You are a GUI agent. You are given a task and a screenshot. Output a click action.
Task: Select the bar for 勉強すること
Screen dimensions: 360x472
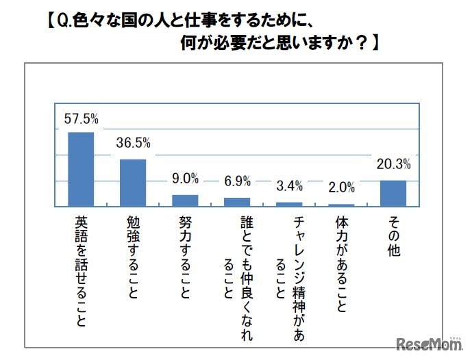coord(133,183)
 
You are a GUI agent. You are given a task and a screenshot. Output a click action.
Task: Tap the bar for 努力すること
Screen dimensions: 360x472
coord(185,201)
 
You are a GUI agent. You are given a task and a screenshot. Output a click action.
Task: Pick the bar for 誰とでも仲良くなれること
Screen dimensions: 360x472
coord(237,202)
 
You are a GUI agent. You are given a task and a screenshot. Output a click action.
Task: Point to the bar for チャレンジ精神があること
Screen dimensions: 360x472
coord(289,204)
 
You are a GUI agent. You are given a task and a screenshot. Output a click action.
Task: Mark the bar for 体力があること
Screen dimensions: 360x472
coord(341,205)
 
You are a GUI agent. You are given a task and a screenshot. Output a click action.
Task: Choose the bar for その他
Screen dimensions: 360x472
coord(393,193)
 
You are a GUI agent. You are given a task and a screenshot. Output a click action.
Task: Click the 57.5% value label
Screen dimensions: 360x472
coord(81,119)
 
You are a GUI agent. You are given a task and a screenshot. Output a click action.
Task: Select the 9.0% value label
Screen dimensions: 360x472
coord(185,179)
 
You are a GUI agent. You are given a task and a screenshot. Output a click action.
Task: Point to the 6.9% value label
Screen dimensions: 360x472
coord(237,182)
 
